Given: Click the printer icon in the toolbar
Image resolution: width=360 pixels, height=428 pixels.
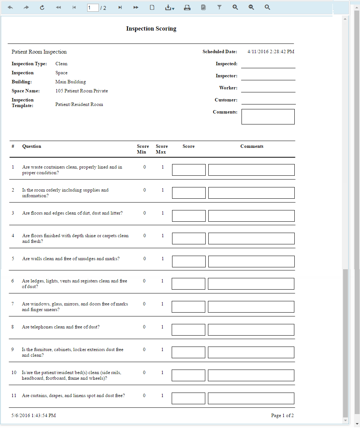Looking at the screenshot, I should [187, 8].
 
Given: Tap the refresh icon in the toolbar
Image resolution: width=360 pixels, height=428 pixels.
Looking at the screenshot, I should [42, 8].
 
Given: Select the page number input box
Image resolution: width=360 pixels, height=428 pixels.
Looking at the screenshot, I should [92, 8].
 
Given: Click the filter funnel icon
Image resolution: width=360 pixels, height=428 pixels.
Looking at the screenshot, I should [219, 8].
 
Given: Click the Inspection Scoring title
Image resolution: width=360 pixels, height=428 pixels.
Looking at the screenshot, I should [151, 29].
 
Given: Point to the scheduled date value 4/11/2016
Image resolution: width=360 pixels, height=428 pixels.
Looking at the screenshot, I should [271, 52].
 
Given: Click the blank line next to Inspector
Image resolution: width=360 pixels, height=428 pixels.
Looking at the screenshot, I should [268, 76].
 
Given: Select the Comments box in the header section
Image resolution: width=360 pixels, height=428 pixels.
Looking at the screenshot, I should [268, 117].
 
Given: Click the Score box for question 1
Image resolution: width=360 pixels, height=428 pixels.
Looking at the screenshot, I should [189, 170].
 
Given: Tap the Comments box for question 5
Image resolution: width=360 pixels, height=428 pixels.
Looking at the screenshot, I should [251, 261].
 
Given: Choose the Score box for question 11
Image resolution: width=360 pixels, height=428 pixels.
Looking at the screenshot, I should [188, 398].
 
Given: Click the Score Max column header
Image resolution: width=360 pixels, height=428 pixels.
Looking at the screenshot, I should [162, 149].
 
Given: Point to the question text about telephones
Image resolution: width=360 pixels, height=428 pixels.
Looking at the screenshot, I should [61, 327].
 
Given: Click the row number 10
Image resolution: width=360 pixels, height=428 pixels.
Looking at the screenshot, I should [14, 373].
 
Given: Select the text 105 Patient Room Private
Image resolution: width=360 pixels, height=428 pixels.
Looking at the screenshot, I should [82, 91].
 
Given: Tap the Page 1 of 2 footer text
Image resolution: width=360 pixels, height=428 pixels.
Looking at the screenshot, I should [282, 416].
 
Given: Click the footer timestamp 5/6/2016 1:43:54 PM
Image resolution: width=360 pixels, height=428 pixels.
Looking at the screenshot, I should [34, 416].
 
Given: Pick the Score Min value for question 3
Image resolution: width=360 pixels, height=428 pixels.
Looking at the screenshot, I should [145, 213].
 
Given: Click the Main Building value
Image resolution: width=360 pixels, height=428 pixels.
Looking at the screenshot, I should [71, 82].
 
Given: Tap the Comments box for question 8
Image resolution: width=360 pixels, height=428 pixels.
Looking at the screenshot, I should [251, 330].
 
